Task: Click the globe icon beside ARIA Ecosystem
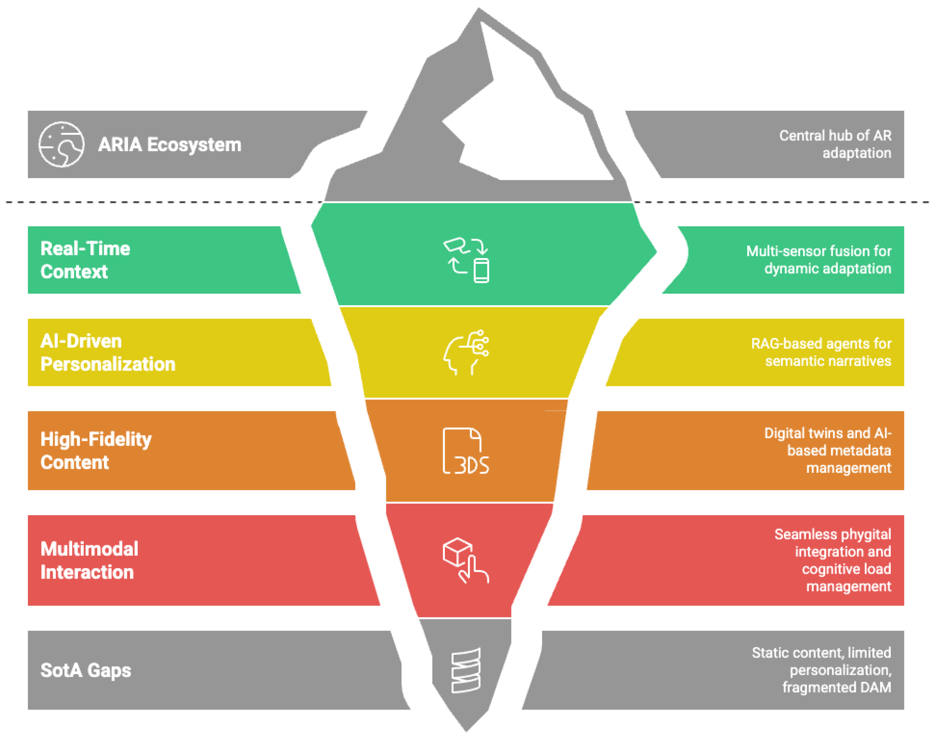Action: click(61, 144)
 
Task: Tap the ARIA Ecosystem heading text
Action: click(170, 144)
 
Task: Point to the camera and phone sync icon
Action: click(467, 260)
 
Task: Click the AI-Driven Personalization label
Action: click(108, 352)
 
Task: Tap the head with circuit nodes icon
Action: click(466, 352)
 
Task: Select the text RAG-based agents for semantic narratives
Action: click(821, 352)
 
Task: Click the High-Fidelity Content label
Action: click(96, 451)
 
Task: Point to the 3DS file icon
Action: click(466, 451)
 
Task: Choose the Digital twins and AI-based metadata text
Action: click(827, 451)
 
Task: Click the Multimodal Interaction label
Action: click(89, 561)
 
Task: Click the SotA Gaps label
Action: click(86, 670)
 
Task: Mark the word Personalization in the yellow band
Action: click(108, 364)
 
